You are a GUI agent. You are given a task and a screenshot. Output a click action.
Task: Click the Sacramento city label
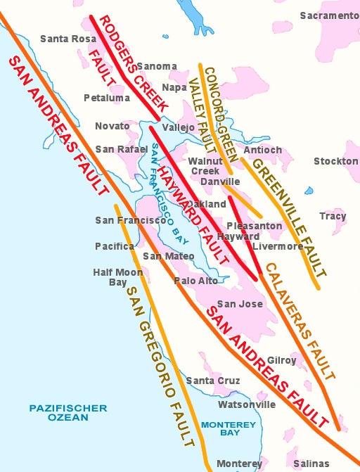(329, 15)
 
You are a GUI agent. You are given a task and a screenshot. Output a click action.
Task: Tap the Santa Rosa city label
(69, 39)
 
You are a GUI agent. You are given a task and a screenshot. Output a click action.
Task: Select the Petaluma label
(106, 98)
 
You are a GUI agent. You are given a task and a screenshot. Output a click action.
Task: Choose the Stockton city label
(335, 161)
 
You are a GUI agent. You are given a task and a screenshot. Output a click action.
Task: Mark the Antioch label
(262, 150)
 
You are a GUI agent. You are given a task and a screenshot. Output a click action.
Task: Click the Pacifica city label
(115, 246)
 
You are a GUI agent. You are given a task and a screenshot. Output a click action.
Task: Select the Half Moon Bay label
(108, 277)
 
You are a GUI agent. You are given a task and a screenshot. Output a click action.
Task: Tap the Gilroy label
(281, 360)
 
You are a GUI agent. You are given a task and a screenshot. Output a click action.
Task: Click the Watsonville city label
(247, 404)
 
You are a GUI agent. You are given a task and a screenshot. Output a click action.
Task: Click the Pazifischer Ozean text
(68, 412)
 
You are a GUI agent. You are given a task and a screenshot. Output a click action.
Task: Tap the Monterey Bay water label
(229, 428)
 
